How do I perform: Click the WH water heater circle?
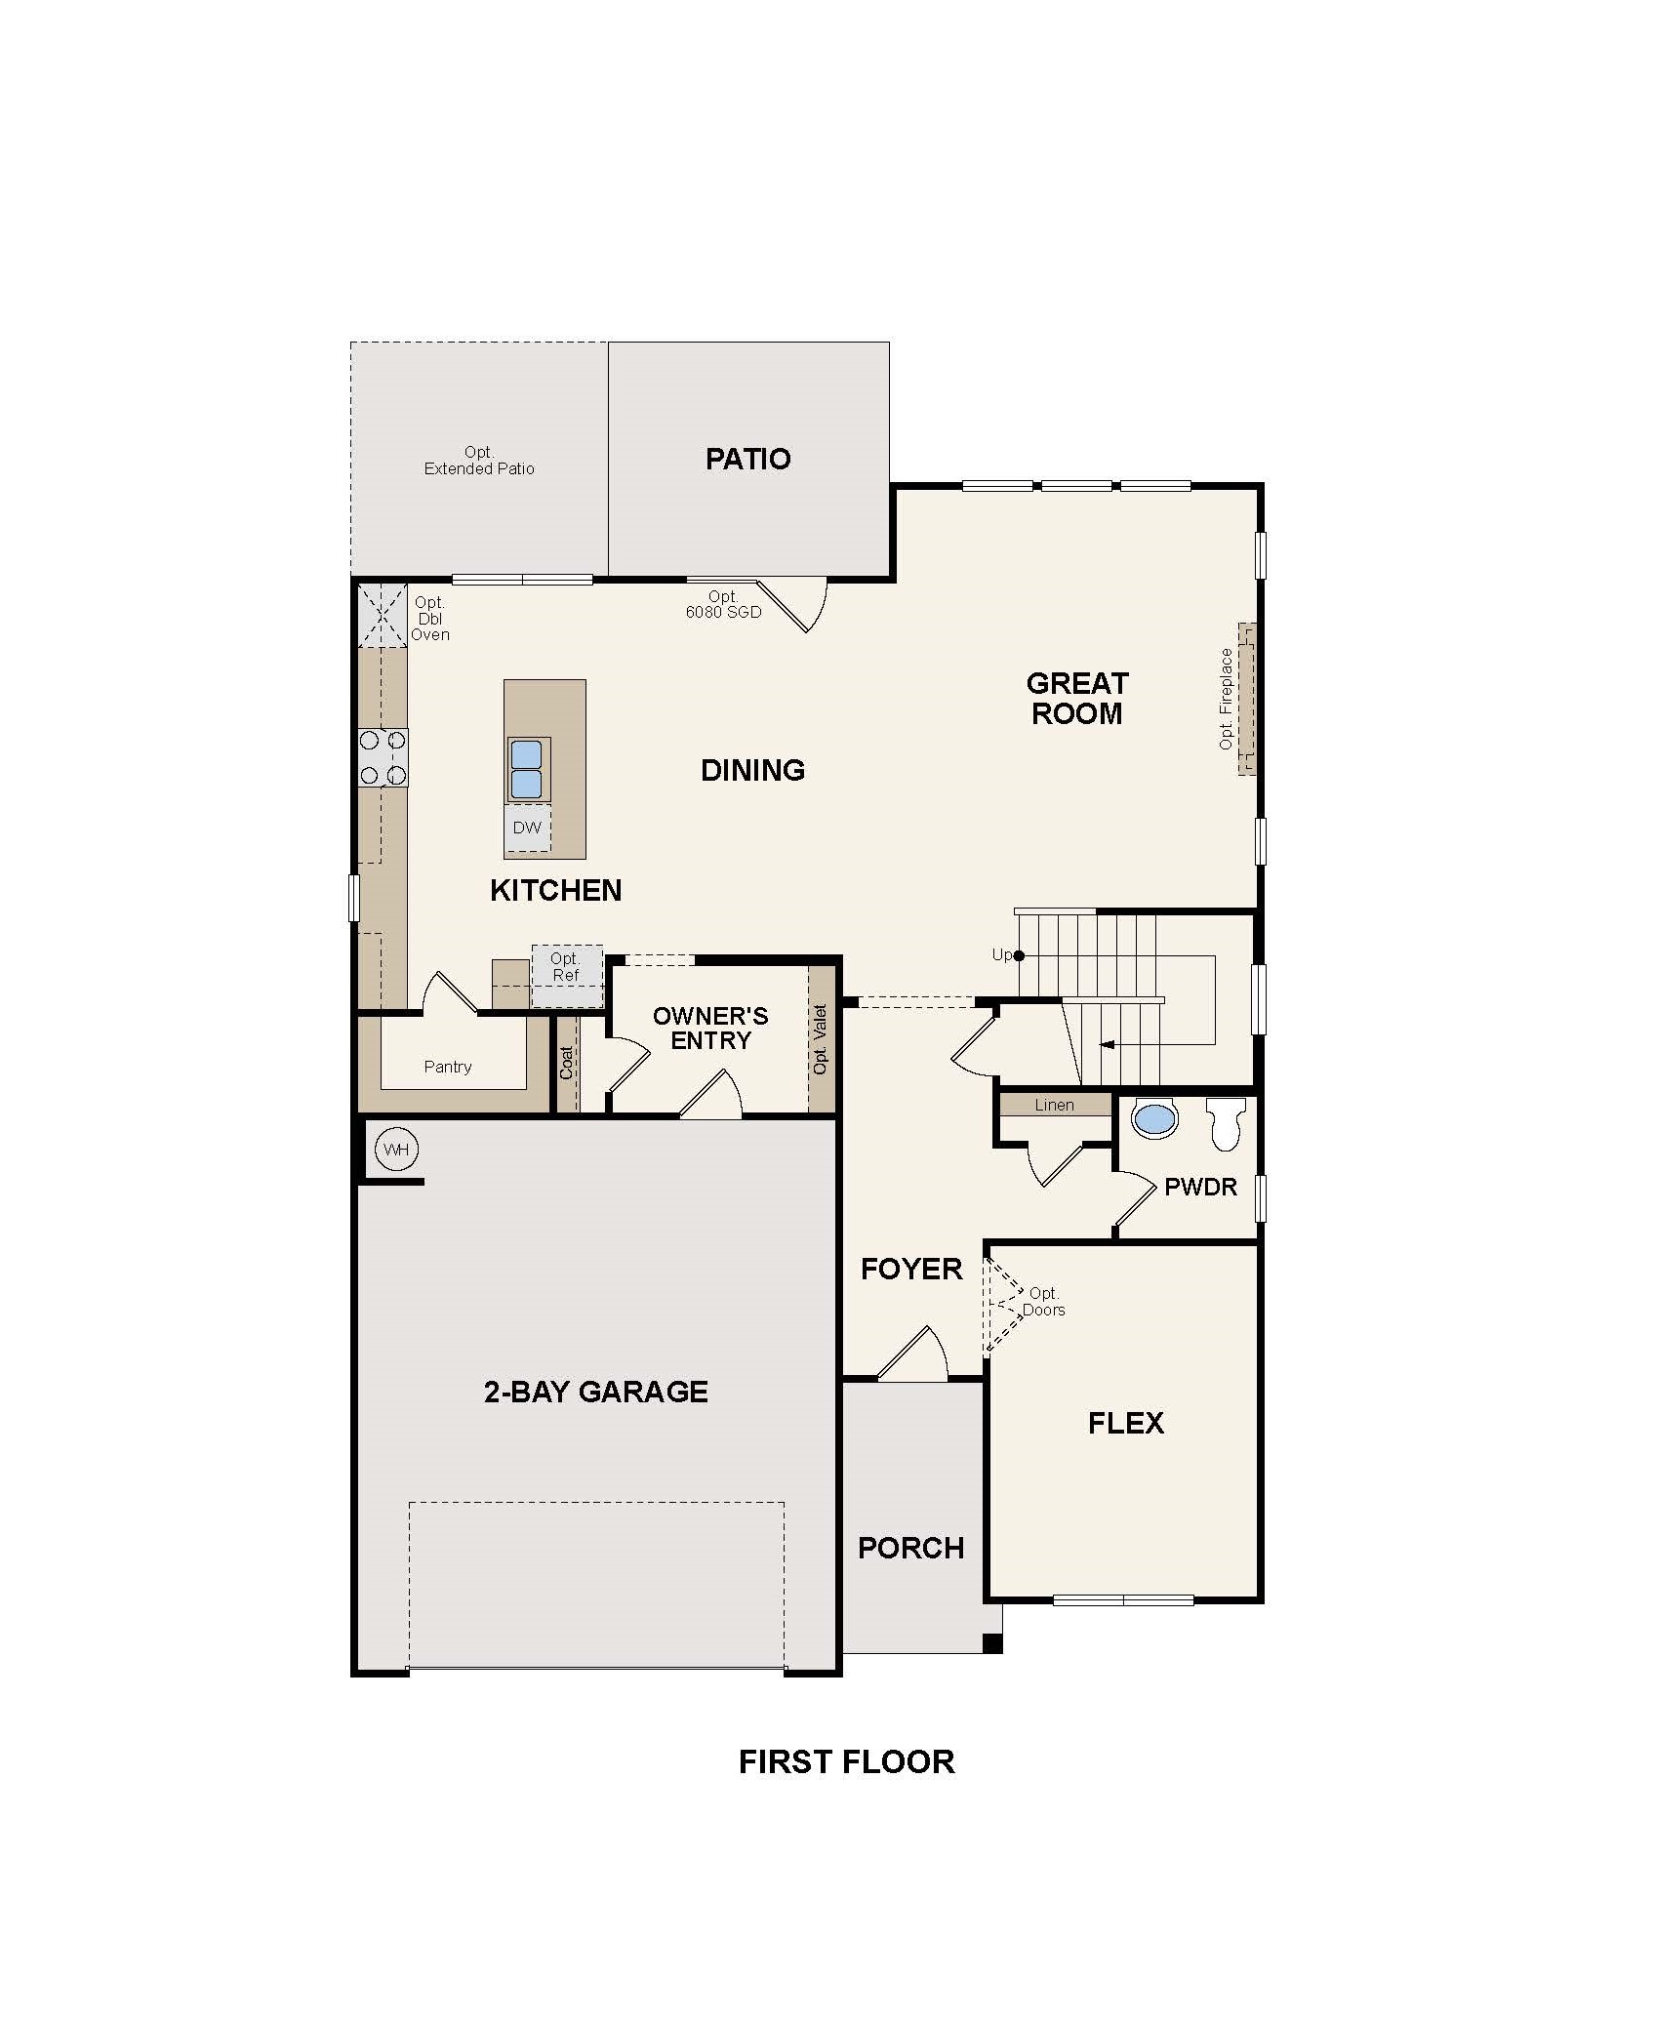tap(395, 1150)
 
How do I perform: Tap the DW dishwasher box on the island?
tap(527, 828)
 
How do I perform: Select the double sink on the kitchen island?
tap(527, 769)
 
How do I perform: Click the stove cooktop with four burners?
tap(383, 757)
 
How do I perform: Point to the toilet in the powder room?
tap(1226, 1122)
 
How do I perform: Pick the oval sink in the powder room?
tap(1156, 1119)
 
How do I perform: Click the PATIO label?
tap(747, 459)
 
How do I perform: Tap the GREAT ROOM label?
tap(1077, 698)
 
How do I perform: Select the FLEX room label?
tap(1126, 1423)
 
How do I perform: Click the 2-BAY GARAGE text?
tap(595, 1391)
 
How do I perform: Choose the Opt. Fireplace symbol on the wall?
tap(1247, 699)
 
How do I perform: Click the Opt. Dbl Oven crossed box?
tap(383, 616)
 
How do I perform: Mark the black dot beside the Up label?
tap(1019, 955)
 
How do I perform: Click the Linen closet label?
tap(1054, 1105)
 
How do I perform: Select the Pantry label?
tap(448, 1067)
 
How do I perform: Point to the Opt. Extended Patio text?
tap(479, 461)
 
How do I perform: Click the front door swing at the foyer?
tap(914, 1356)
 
